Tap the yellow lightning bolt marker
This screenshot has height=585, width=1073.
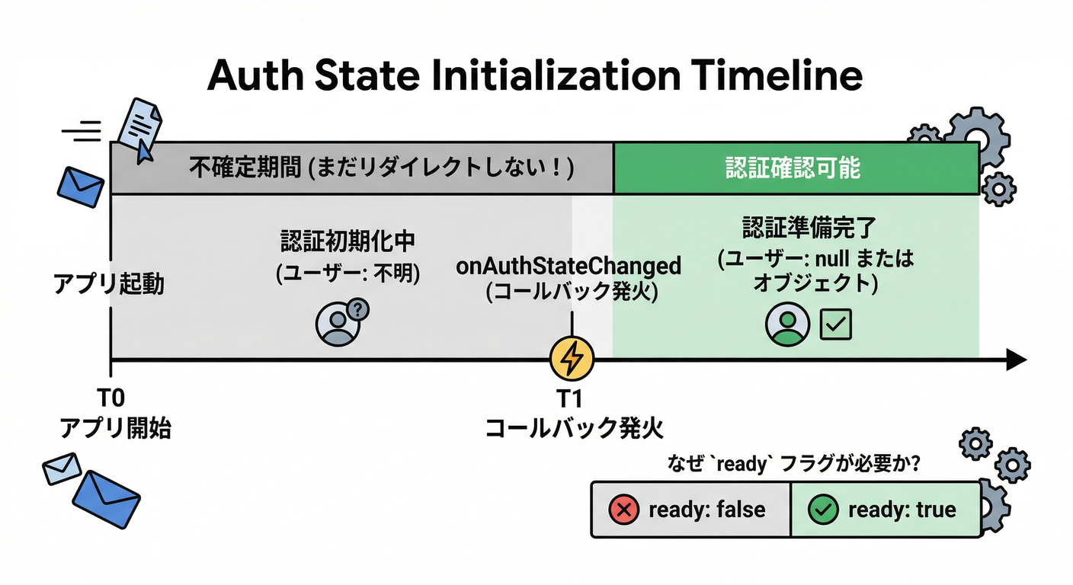tap(572, 358)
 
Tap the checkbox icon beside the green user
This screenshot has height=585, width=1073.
tap(835, 325)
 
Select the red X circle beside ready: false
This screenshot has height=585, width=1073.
tap(624, 510)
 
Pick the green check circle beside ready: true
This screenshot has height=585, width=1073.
tap(823, 510)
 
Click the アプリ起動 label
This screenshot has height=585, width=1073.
tap(108, 286)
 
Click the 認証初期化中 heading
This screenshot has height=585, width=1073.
tap(347, 242)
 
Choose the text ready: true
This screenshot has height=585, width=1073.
tap(902, 510)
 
